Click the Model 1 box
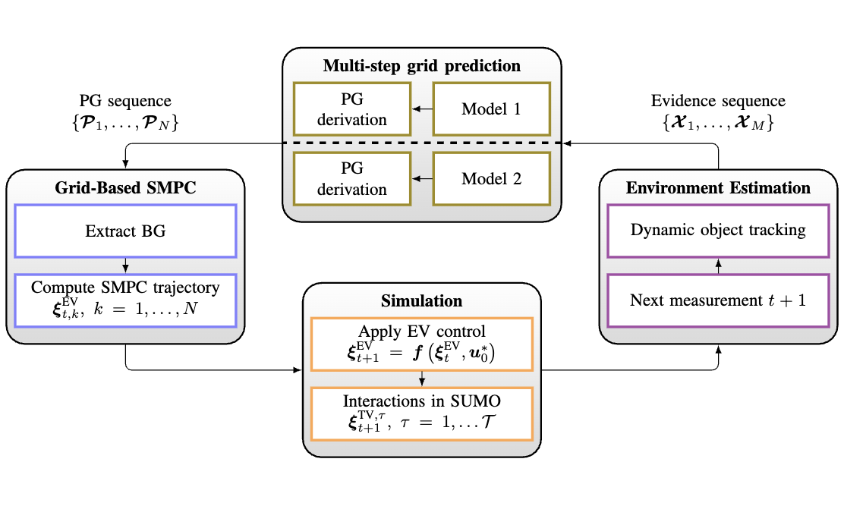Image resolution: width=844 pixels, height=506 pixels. (x=491, y=108)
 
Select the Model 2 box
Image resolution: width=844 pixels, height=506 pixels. (x=491, y=179)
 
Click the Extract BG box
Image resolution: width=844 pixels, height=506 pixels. (x=126, y=231)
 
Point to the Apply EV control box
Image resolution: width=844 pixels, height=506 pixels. (x=422, y=344)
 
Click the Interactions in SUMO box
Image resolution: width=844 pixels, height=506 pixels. (x=422, y=413)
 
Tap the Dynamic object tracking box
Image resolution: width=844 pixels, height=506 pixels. (x=718, y=230)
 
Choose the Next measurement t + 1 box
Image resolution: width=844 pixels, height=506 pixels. (x=718, y=300)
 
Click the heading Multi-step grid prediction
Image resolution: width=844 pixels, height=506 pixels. (x=422, y=65)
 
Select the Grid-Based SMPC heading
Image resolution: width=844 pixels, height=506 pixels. (x=126, y=187)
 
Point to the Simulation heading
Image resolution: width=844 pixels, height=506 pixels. (x=422, y=300)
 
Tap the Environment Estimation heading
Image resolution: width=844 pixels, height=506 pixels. (x=718, y=187)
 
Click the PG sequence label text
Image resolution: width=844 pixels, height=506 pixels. (x=125, y=101)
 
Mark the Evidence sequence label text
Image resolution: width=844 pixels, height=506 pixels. (x=718, y=101)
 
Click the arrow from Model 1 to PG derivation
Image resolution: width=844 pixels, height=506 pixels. (x=421, y=109)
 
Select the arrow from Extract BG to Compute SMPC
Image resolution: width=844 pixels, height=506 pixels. (x=126, y=266)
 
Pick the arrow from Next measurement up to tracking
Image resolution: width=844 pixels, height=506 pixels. (x=718, y=266)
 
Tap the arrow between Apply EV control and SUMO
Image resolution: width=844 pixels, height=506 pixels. (x=422, y=379)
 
